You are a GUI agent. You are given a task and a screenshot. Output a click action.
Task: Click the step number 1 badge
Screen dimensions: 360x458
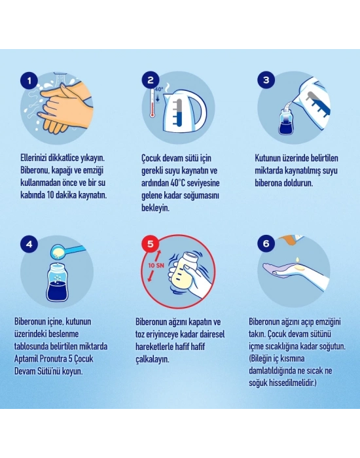tap(29, 80)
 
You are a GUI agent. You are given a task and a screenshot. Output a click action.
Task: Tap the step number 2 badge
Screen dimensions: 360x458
tap(151, 80)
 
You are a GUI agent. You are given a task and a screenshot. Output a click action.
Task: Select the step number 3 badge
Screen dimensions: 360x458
tap(266, 80)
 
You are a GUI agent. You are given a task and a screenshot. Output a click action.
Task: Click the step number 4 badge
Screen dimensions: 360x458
tap(29, 243)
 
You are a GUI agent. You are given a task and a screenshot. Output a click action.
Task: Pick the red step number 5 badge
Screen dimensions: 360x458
tap(151, 243)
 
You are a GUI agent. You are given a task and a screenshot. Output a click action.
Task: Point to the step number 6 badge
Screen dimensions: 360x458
tap(266, 243)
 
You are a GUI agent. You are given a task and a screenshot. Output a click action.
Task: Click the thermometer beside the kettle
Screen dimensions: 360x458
tap(153, 103)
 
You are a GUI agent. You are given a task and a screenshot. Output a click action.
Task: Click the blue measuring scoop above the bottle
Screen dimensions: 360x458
tap(67, 251)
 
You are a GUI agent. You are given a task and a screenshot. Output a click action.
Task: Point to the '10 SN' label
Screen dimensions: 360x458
tap(156, 266)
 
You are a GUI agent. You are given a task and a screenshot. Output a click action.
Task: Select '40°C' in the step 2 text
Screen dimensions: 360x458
tap(177, 183)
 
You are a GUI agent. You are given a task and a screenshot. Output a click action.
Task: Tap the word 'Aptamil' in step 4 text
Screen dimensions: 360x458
tap(26, 359)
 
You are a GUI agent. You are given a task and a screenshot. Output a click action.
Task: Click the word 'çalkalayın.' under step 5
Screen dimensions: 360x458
tap(153, 359)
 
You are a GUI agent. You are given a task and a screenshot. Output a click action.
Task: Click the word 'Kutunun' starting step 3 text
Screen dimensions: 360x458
tap(268, 158)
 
